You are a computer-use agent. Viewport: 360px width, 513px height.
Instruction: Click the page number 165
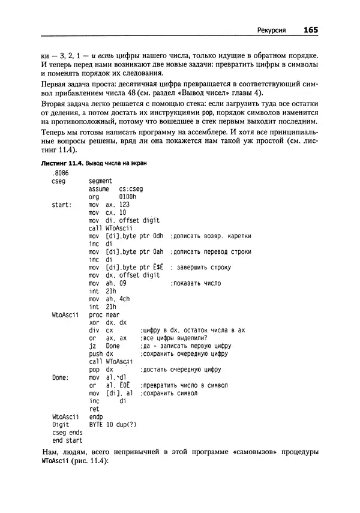point(310,29)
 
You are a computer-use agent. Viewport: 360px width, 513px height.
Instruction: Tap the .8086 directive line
point(61,172)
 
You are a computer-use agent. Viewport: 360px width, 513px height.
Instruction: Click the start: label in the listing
point(62,204)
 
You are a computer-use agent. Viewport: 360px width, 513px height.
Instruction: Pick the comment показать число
point(196,283)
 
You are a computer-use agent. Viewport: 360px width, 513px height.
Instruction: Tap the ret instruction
point(93,409)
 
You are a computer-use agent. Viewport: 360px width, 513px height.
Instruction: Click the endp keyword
point(96,416)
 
